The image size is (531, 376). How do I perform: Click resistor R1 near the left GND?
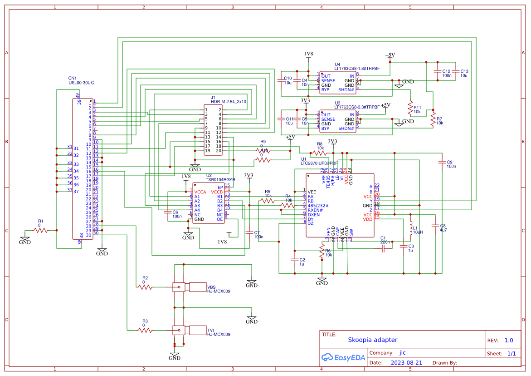(41, 230)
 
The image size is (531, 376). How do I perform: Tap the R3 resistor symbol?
(146, 330)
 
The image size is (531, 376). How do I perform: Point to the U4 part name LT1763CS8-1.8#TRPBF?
(357, 69)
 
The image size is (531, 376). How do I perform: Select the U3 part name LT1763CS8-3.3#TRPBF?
(357, 108)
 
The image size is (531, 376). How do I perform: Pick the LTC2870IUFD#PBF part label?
(319, 163)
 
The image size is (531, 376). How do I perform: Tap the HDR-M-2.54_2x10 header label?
(229, 102)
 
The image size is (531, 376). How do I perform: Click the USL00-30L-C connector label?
(81, 83)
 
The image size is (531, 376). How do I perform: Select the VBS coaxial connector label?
(211, 287)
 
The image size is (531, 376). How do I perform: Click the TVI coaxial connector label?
(210, 330)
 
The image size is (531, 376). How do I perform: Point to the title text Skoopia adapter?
(372, 340)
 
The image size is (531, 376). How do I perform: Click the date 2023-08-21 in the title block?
(406, 363)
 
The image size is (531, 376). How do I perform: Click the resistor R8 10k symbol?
(320, 153)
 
